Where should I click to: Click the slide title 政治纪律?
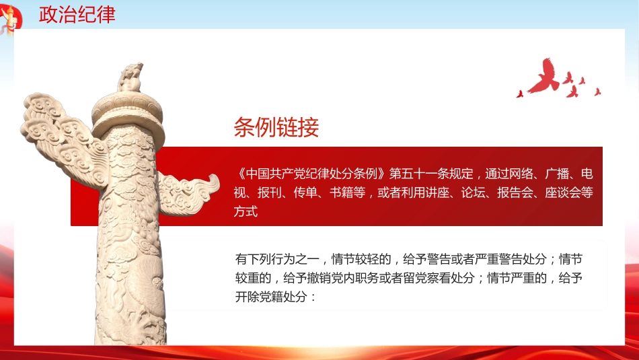coord(77,15)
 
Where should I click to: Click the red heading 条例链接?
coord(276,127)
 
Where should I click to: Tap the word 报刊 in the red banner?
coord(271,192)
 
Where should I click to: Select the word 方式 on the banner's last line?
coord(247,211)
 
